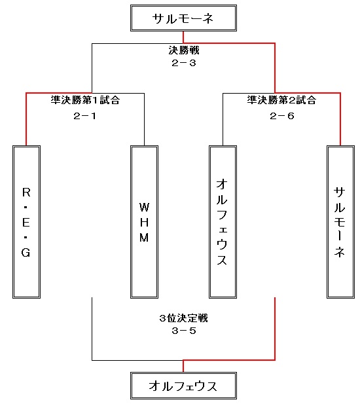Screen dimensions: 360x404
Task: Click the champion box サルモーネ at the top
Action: click(183, 18)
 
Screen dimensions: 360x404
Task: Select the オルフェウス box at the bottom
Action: click(183, 386)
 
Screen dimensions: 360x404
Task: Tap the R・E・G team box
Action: click(27, 222)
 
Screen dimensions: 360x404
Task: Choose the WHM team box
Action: click(144, 222)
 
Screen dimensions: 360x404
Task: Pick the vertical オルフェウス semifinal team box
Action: click(223, 222)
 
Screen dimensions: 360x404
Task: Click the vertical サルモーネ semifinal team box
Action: click(340, 222)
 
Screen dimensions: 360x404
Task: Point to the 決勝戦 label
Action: click(184, 50)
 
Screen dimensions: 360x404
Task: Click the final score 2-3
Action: click(184, 63)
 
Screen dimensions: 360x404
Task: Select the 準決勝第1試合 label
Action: click(85, 100)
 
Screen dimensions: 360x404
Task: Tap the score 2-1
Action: click(84, 116)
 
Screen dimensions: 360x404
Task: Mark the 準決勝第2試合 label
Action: click(281, 100)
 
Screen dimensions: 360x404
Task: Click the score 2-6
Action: click(282, 116)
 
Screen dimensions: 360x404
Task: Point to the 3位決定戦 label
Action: click(184, 318)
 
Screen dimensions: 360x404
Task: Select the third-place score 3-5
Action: click(184, 331)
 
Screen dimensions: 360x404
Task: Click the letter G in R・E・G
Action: click(26, 253)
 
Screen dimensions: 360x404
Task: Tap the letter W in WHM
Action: click(144, 207)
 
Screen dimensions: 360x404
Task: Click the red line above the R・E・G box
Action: click(26, 119)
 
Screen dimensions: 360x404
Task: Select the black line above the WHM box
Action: click(144, 119)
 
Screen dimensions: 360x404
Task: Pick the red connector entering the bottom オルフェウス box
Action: click(183, 366)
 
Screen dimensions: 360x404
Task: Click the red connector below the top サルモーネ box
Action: click(183, 37)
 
